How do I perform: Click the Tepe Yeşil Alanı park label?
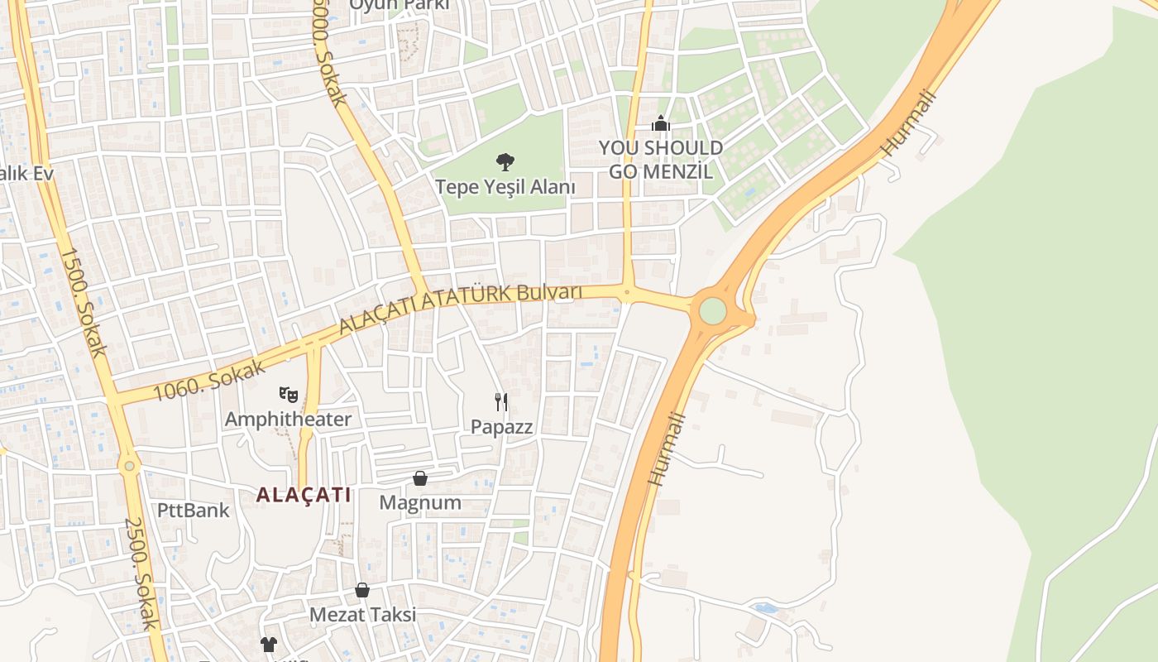tap(505, 187)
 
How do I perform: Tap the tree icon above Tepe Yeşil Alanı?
tap(505, 161)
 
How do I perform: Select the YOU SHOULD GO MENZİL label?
tap(660, 160)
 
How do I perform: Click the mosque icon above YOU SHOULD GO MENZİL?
tap(660, 124)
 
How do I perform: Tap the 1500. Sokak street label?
tap(82, 302)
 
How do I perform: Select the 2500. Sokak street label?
tap(141, 573)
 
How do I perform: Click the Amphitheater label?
tap(288, 420)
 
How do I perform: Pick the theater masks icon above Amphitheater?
tap(288, 393)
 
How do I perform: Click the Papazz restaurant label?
tap(501, 427)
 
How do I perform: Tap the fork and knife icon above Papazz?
tap(501, 402)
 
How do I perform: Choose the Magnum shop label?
tap(420, 502)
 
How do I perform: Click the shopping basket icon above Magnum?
tap(420, 478)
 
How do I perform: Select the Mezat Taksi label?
tap(362, 615)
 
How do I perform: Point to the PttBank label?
tap(193, 510)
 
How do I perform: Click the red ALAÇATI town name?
tap(304, 495)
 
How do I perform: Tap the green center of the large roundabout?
tap(712, 311)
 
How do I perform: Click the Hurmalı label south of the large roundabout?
tap(667, 449)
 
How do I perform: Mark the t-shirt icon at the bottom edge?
tap(268, 644)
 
